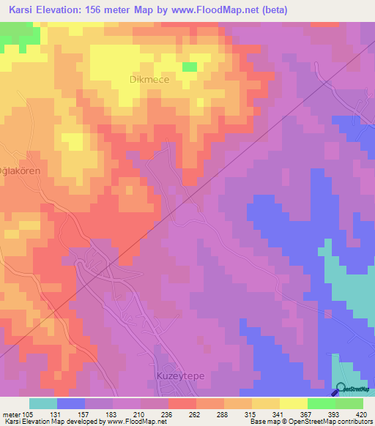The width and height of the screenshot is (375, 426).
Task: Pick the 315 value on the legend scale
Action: coord(250,414)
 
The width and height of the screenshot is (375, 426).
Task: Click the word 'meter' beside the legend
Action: coord(10,414)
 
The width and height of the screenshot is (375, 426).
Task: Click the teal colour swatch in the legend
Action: coord(42,403)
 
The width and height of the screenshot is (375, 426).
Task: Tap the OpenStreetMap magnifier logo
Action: coord(341,389)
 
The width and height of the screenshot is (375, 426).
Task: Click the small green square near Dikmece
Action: coord(190,67)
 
